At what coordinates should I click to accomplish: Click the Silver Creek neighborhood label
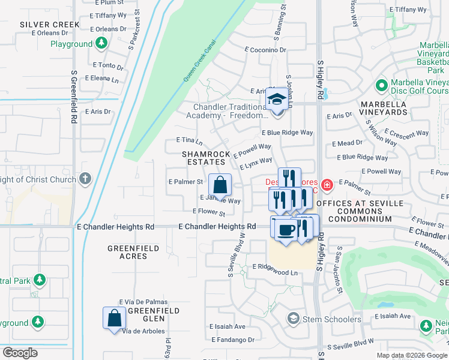(x=49, y=24)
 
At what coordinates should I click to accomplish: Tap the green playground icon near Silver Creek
(x=101, y=44)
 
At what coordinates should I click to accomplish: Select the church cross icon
(x=85, y=179)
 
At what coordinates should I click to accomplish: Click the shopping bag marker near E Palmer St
(x=220, y=185)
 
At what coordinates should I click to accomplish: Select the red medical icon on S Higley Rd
(x=327, y=185)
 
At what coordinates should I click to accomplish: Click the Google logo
(x=20, y=353)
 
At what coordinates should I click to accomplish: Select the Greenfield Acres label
(x=133, y=252)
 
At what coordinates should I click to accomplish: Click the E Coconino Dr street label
(x=266, y=50)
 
